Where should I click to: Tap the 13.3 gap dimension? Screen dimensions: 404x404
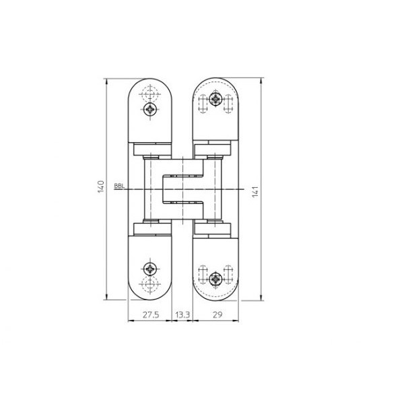click(182, 314)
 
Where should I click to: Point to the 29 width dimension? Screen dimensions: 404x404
click(217, 314)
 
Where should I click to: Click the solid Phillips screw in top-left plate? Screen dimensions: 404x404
click(150, 108)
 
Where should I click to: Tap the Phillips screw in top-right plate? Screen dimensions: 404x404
click(215, 101)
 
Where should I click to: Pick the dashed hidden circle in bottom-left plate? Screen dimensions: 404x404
click(150, 282)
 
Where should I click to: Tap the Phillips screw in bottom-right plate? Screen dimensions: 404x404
click(215, 276)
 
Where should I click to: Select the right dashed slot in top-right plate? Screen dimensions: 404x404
click(229, 101)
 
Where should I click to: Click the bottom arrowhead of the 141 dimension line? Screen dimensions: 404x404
click(261, 298)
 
